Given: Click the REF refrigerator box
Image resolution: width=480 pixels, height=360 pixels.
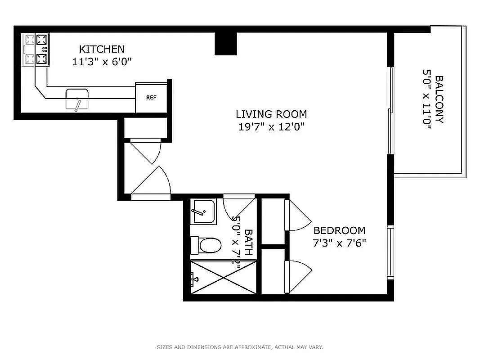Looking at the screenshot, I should (151, 98).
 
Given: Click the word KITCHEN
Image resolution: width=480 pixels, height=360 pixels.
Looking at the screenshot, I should (102, 49).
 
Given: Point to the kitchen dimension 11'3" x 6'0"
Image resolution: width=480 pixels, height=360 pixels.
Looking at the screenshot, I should (102, 62).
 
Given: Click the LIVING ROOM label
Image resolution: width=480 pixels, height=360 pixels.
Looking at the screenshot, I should (271, 114).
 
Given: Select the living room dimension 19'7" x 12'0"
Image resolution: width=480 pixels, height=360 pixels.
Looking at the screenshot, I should (271, 127).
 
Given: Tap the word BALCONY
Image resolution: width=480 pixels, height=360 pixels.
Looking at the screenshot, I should (440, 99).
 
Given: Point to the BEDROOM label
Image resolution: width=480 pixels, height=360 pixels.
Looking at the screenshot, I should (339, 230).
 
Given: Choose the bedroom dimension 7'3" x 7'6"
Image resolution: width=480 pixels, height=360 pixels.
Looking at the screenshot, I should (339, 243).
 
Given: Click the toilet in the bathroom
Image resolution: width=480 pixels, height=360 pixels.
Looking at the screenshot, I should (206, 246).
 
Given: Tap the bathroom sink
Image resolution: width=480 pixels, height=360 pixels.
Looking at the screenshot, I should (203, 211).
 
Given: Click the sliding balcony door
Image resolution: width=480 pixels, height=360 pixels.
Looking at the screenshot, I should (391, 110).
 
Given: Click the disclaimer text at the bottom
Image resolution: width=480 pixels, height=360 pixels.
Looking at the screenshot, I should (240, 347).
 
